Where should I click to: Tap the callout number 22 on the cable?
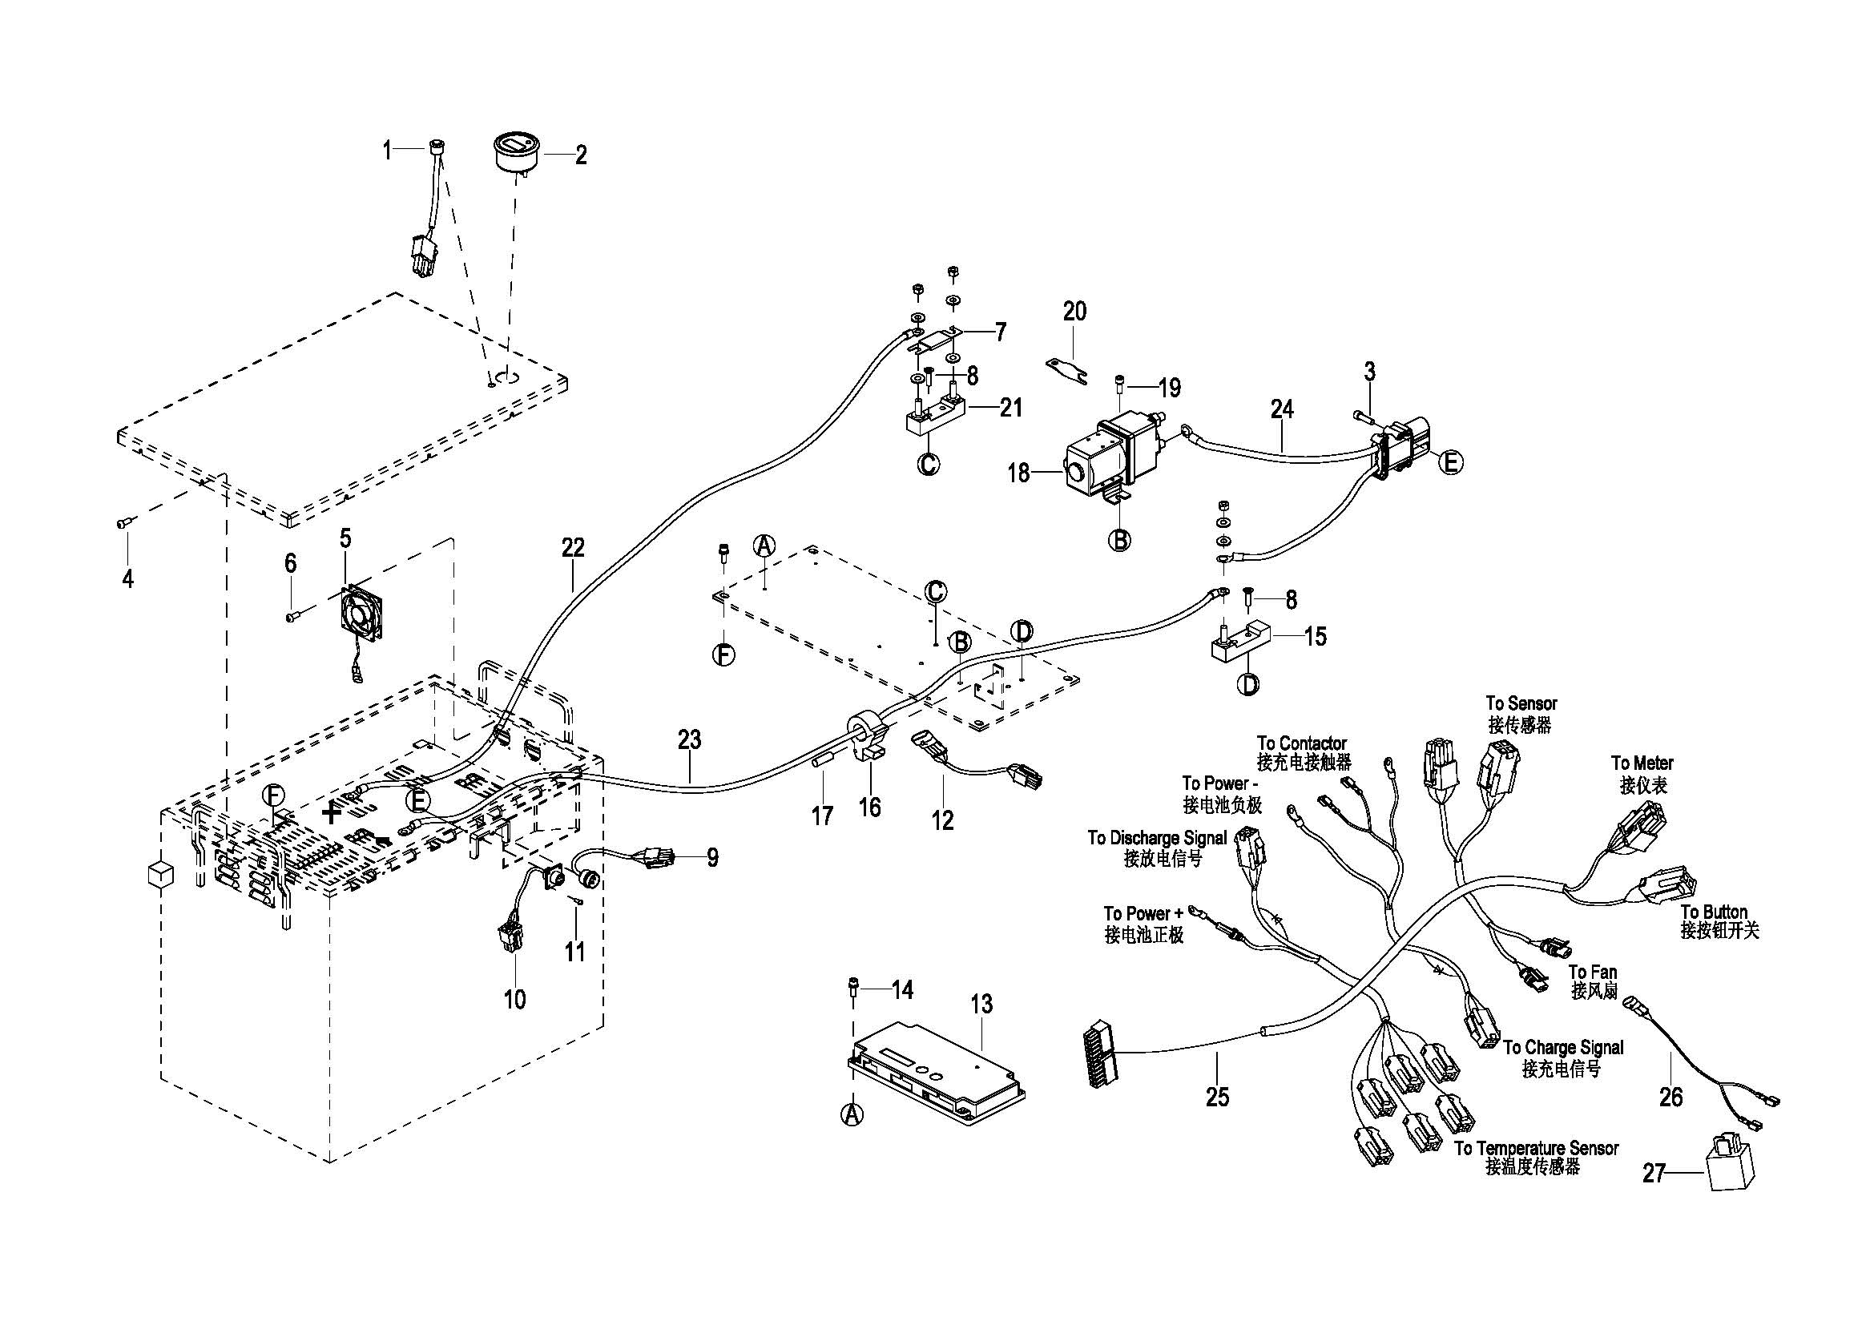pos(573,547)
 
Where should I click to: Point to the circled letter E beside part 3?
pos(1450,462)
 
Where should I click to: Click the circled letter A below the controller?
pos(852,1114)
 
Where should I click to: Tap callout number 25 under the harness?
pos(1217,1097)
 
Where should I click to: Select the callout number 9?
pos(712,857)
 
